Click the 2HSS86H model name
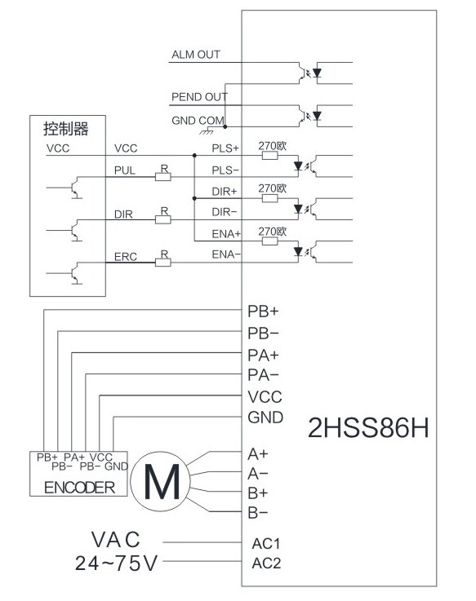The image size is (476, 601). pos(368,428)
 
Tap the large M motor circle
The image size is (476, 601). pos(161,481)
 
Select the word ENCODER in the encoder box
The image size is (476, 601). pos(79,488)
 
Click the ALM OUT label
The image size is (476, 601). pos(196,55)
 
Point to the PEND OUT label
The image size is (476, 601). pos(199,97)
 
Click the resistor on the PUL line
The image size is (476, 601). pos(162,177)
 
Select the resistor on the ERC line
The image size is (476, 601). pos(162,263)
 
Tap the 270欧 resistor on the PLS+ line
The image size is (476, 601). pos(270,155)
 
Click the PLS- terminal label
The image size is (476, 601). pos(225,170)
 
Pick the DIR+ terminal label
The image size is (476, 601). pos(225,192)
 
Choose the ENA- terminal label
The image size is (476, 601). pos(226,254)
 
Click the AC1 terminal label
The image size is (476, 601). pos(266,543)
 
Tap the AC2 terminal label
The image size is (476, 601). pos(266,563)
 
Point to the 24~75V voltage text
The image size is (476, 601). pos(116,563)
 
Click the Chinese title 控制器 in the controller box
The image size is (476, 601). pos(65,129)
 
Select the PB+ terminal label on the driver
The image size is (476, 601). pos(263,312)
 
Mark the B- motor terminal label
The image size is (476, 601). pos(257,512)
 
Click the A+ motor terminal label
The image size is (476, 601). pos(257,454)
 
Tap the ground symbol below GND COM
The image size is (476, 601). pos(206,131)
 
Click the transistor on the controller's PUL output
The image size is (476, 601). pos(75,188)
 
